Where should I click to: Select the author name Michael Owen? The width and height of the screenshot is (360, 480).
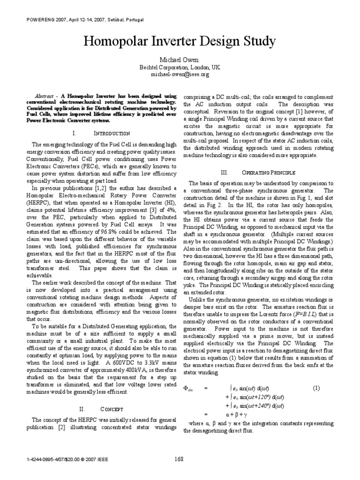pyautogui.click(x=180, y=60)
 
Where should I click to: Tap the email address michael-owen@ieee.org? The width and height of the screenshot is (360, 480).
pyautogui.click(x=180, y=74)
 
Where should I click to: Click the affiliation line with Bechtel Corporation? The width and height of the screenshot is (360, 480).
pyautogui.click(x=180, y=67)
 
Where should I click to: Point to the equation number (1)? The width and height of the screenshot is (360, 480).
pyautogui.click(x=316, y=388)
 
